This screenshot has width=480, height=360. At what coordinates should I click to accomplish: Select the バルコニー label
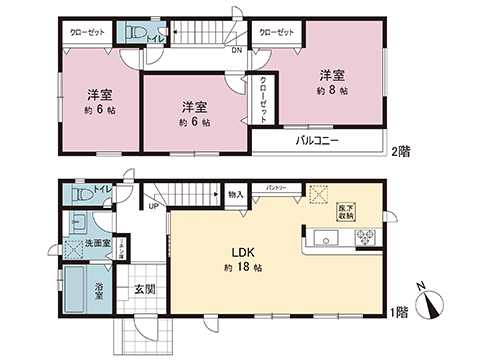316,141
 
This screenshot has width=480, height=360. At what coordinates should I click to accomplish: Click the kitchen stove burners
363,239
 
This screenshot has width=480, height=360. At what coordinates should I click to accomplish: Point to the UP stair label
152,207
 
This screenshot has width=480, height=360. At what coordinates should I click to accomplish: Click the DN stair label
236,49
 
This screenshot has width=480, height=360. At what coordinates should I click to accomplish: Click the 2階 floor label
400,152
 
